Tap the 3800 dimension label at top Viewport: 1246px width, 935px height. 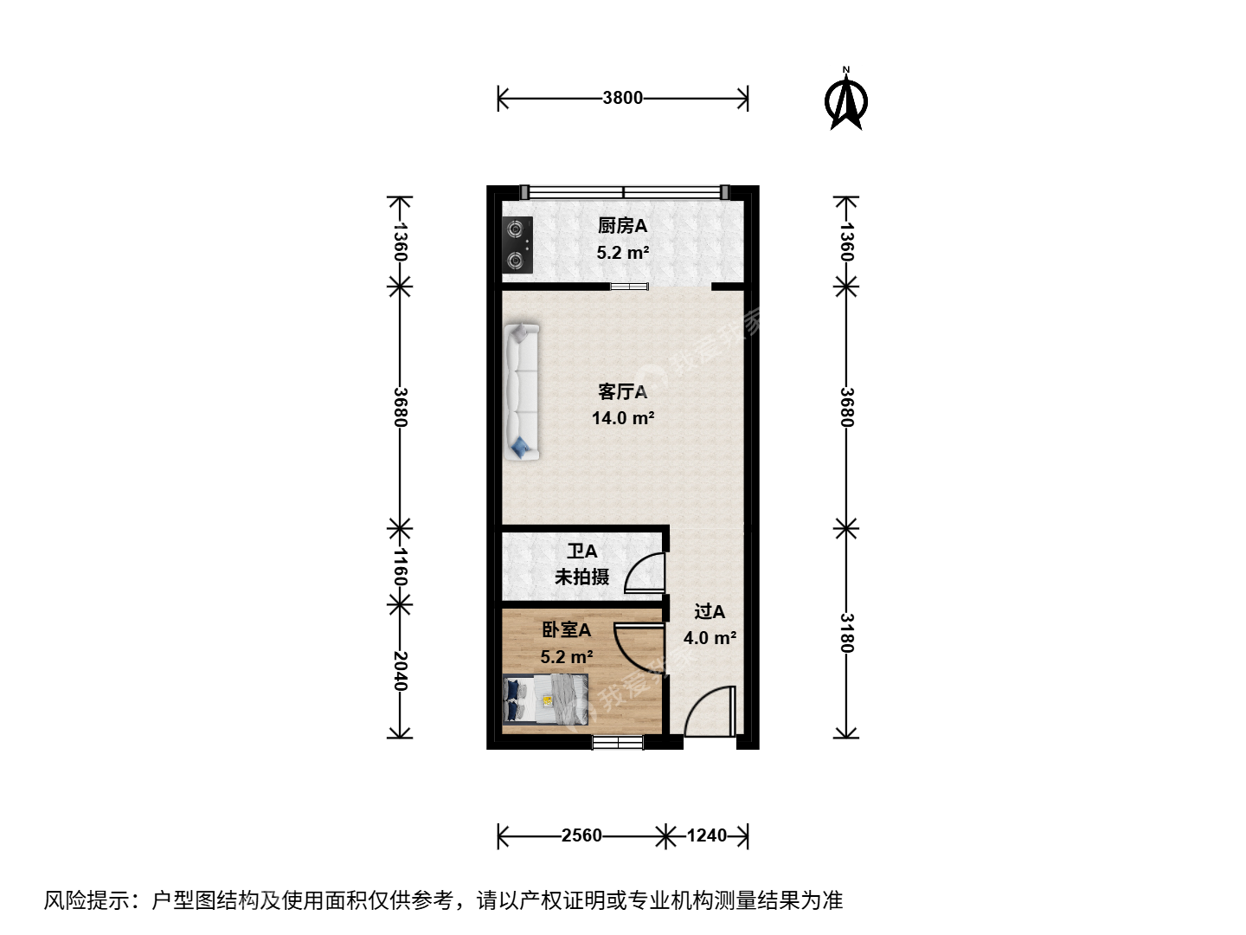coord(623,98)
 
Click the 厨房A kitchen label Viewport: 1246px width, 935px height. coord(622,226)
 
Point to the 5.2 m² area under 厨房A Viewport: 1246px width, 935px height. coord(623,252)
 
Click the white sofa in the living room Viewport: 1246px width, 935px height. coord(521,391)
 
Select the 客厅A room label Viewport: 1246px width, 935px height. coord(623,391)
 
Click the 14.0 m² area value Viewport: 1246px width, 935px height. coord(623,418)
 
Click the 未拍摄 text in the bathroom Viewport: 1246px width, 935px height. coord(581,577)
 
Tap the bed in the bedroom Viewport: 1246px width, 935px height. coord(545,699)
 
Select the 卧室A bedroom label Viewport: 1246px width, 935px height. coord(567,629)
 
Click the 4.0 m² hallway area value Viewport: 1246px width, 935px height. coord(710,638)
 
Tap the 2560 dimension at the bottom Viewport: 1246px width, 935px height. coord(581,835)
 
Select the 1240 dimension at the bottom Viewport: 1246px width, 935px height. coord(707,835)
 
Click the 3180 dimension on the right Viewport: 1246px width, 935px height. coord(846,633)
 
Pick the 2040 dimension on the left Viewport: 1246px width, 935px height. coord(401,671)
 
